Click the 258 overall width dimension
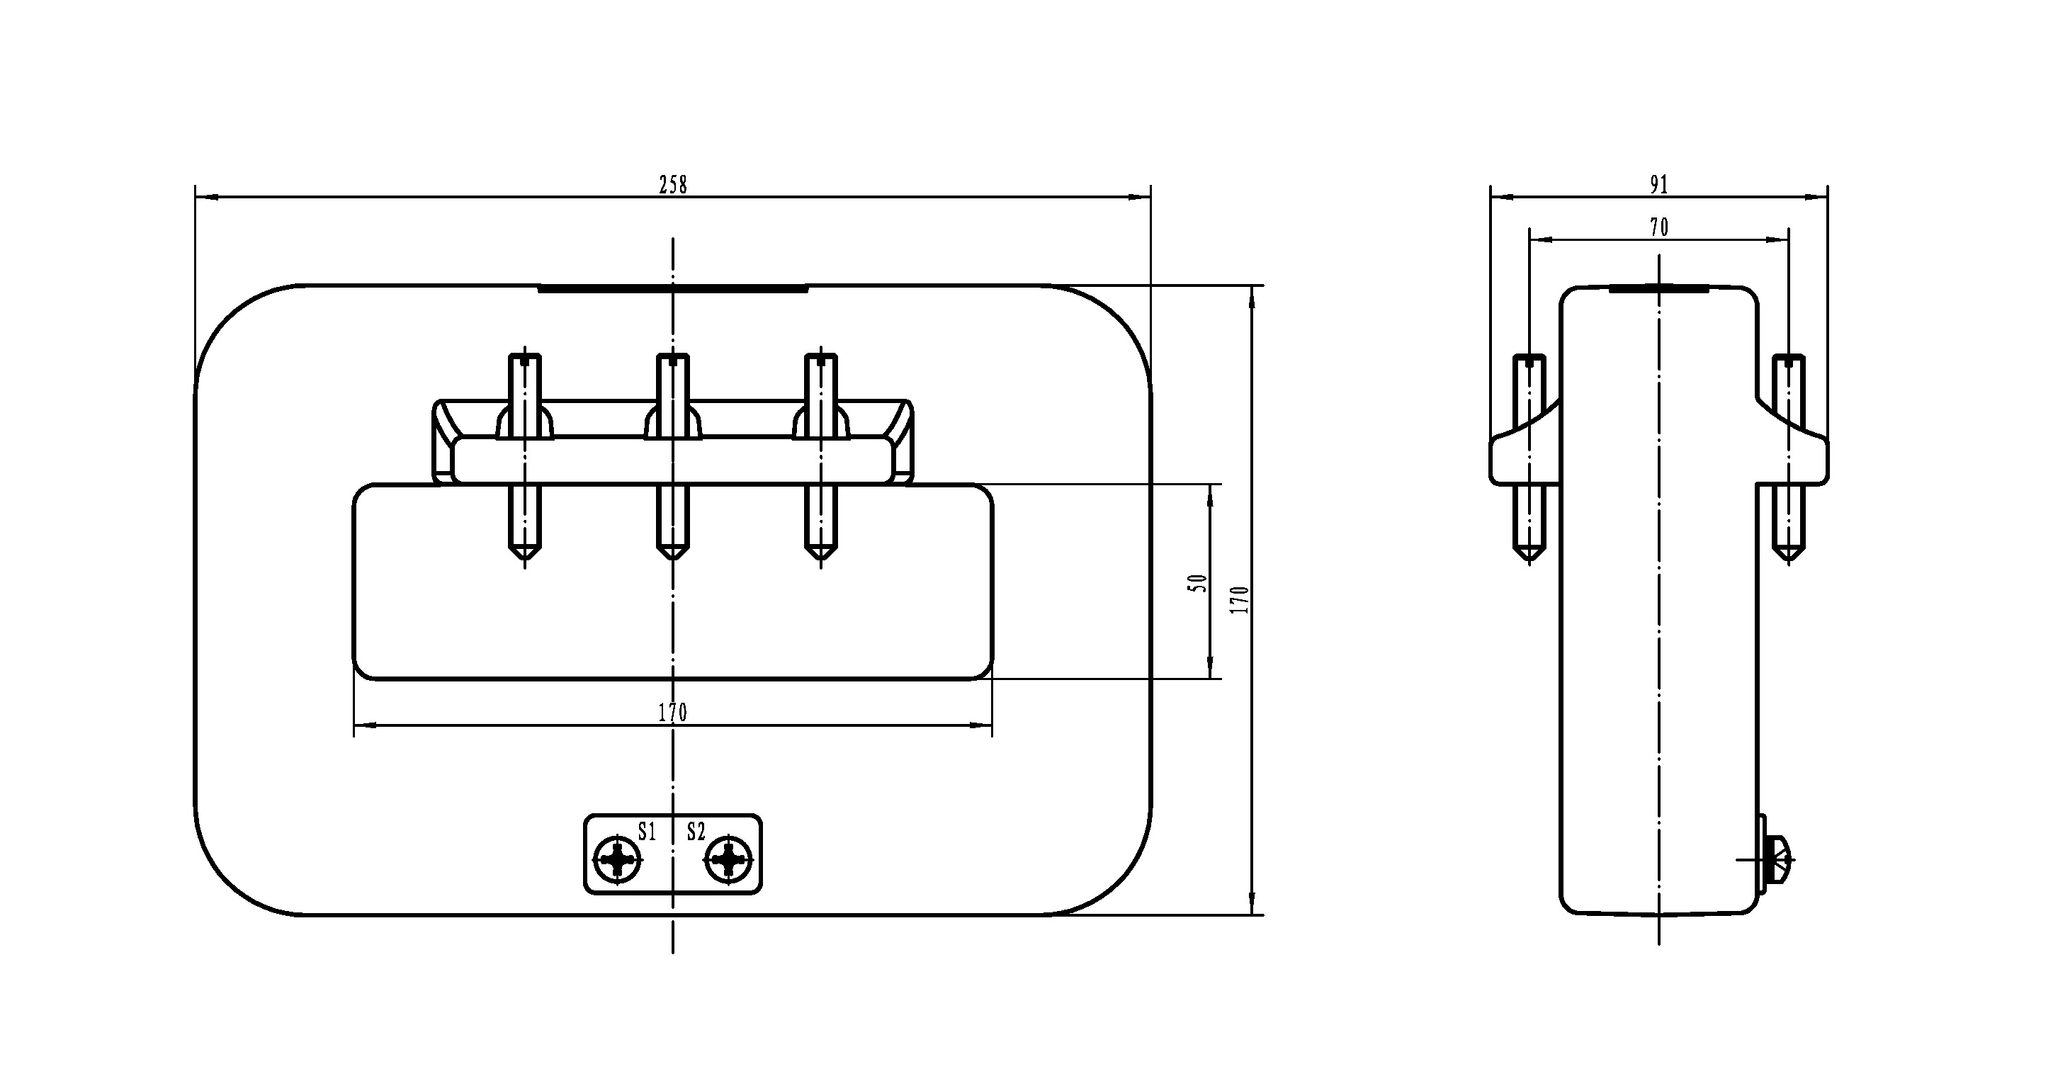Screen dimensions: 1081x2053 click(673, 185)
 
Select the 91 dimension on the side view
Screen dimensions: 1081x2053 click(1658, 185)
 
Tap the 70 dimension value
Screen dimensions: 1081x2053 click(1658, 228)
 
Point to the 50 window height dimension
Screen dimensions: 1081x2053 click(1198, 583)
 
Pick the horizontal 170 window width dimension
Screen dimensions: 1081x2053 click(673, 712)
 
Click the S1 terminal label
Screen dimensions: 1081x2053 click(646, 832)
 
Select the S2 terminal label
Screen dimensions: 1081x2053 click(696, 832)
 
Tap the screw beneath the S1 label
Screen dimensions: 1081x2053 click(618, 860)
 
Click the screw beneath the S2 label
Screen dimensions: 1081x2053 click(728, 860)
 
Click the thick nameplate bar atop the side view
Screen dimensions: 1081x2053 click(1658, 288)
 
